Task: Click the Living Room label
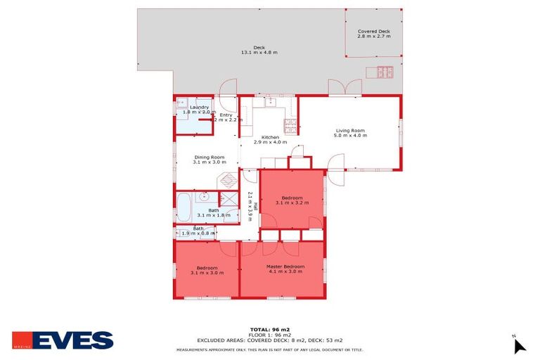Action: (349, 130)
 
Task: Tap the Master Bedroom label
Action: (285, 266)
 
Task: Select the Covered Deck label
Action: (373, 32)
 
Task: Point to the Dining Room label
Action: (209, 157)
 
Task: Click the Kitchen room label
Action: (271, 137)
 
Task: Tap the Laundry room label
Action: (199, 107)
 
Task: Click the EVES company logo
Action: (63, 340)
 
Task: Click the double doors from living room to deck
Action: (345, 88)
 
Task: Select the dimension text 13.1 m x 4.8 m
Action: (259, 53)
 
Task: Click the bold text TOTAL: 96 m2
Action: (270, 330)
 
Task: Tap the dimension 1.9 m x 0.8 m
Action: (199, 233)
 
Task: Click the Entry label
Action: (226, 115)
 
